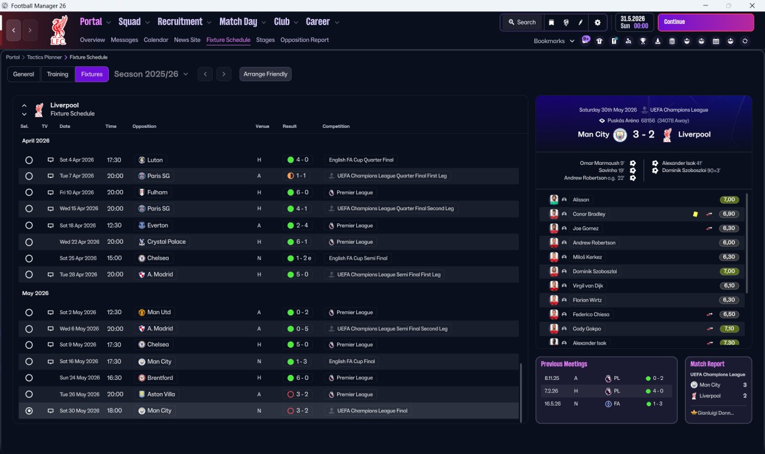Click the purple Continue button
[x=705, y=22]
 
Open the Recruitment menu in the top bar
[x=180, y=22]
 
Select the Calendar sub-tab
[x=156, y=40]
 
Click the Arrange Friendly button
[x=265, y=74]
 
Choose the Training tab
[x=57, y=74]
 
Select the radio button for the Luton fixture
[x=29, y=160]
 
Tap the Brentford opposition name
[x=160, y=378]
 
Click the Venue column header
[x=262, y=127]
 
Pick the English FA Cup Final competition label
[x=352, y=361]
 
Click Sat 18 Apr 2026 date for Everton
[x=78, y=226]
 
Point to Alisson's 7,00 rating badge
[x=729, y=200]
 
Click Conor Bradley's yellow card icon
[x=695, y=214]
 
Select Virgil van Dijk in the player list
[x=589, y=286]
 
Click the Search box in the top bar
[x=522, y=22]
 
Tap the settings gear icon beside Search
[x=597, y=22]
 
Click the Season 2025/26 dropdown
[x=151, y=74]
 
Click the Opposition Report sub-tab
[x=304, y=40]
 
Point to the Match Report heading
[x=707, y=364]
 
